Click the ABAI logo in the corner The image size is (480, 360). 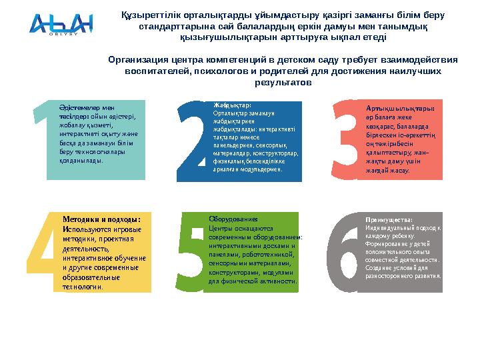61,25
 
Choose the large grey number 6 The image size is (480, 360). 345,253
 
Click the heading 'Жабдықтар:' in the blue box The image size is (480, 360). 232,105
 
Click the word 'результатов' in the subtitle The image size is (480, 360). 283,83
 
